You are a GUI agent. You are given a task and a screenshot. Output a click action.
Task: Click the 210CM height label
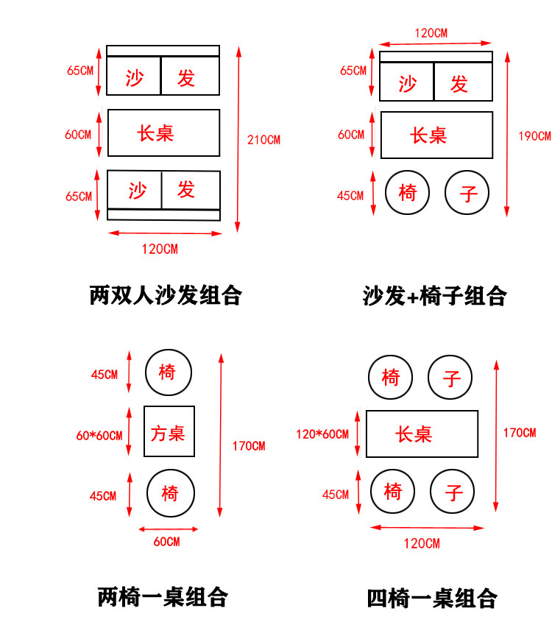[x=263, y=139]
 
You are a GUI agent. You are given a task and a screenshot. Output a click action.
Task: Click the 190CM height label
[x=534, y=135]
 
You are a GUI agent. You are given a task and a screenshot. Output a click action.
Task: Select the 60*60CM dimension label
[x=99, y=435]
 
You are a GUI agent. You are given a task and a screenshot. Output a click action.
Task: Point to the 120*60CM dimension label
[x=322, y=434]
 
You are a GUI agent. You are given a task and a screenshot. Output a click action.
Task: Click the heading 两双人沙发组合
[x=166, y=295]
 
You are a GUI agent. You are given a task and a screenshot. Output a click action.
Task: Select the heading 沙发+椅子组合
[x=434, y=296]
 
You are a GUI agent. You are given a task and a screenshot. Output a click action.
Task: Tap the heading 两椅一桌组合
[x=163, y=596]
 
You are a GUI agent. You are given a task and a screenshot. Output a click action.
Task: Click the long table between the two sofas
[x=164, y=132]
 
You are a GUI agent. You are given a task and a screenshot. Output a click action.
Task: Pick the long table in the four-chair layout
[x=422, y=434]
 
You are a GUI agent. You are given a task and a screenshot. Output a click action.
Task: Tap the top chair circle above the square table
[x=168, y=372]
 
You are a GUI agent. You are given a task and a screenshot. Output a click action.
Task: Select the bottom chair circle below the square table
[x=170, y=492]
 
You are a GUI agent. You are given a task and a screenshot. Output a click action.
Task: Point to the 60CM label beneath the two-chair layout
[x=166, y=542]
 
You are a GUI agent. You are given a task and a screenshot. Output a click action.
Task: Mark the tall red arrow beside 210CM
[x=238, y=139]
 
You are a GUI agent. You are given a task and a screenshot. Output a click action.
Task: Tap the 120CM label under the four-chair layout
[x=422, y=543]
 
